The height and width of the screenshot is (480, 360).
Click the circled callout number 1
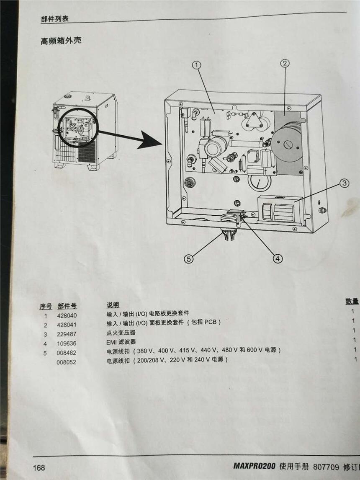197,65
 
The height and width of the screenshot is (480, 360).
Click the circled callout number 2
285,63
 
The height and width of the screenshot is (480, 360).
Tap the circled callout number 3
344,183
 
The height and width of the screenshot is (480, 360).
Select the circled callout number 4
278,258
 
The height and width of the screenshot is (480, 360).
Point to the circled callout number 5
189,259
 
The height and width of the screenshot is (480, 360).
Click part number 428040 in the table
67,316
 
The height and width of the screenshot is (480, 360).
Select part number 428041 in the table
67,325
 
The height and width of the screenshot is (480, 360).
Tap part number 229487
67,334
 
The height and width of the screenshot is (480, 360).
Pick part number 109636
67,343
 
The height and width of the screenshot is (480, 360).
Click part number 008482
67,353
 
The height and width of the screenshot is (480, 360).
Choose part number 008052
67,362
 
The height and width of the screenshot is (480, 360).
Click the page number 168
39,467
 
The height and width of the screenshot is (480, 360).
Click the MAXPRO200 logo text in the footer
255,466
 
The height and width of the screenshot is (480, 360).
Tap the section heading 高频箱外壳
61,40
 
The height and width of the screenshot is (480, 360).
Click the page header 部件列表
55,19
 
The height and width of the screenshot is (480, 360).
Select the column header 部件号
67,306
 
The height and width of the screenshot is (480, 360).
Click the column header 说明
113,305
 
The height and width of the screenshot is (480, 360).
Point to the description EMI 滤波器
121,342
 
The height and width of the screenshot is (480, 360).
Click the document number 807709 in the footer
326,467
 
